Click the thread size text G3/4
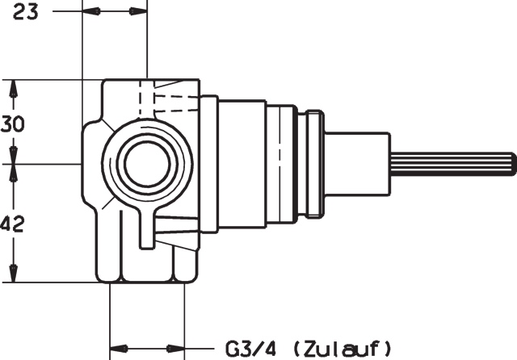(247, 349)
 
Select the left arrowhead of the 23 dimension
(91, 12)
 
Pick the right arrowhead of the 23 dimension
(138, 12)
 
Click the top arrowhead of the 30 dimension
(14, 86)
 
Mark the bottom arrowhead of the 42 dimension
(14, 275)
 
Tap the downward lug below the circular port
(145, 230)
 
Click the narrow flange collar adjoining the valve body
(209, 164)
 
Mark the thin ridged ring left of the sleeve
(312, 164)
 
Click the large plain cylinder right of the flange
(242, 164)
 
